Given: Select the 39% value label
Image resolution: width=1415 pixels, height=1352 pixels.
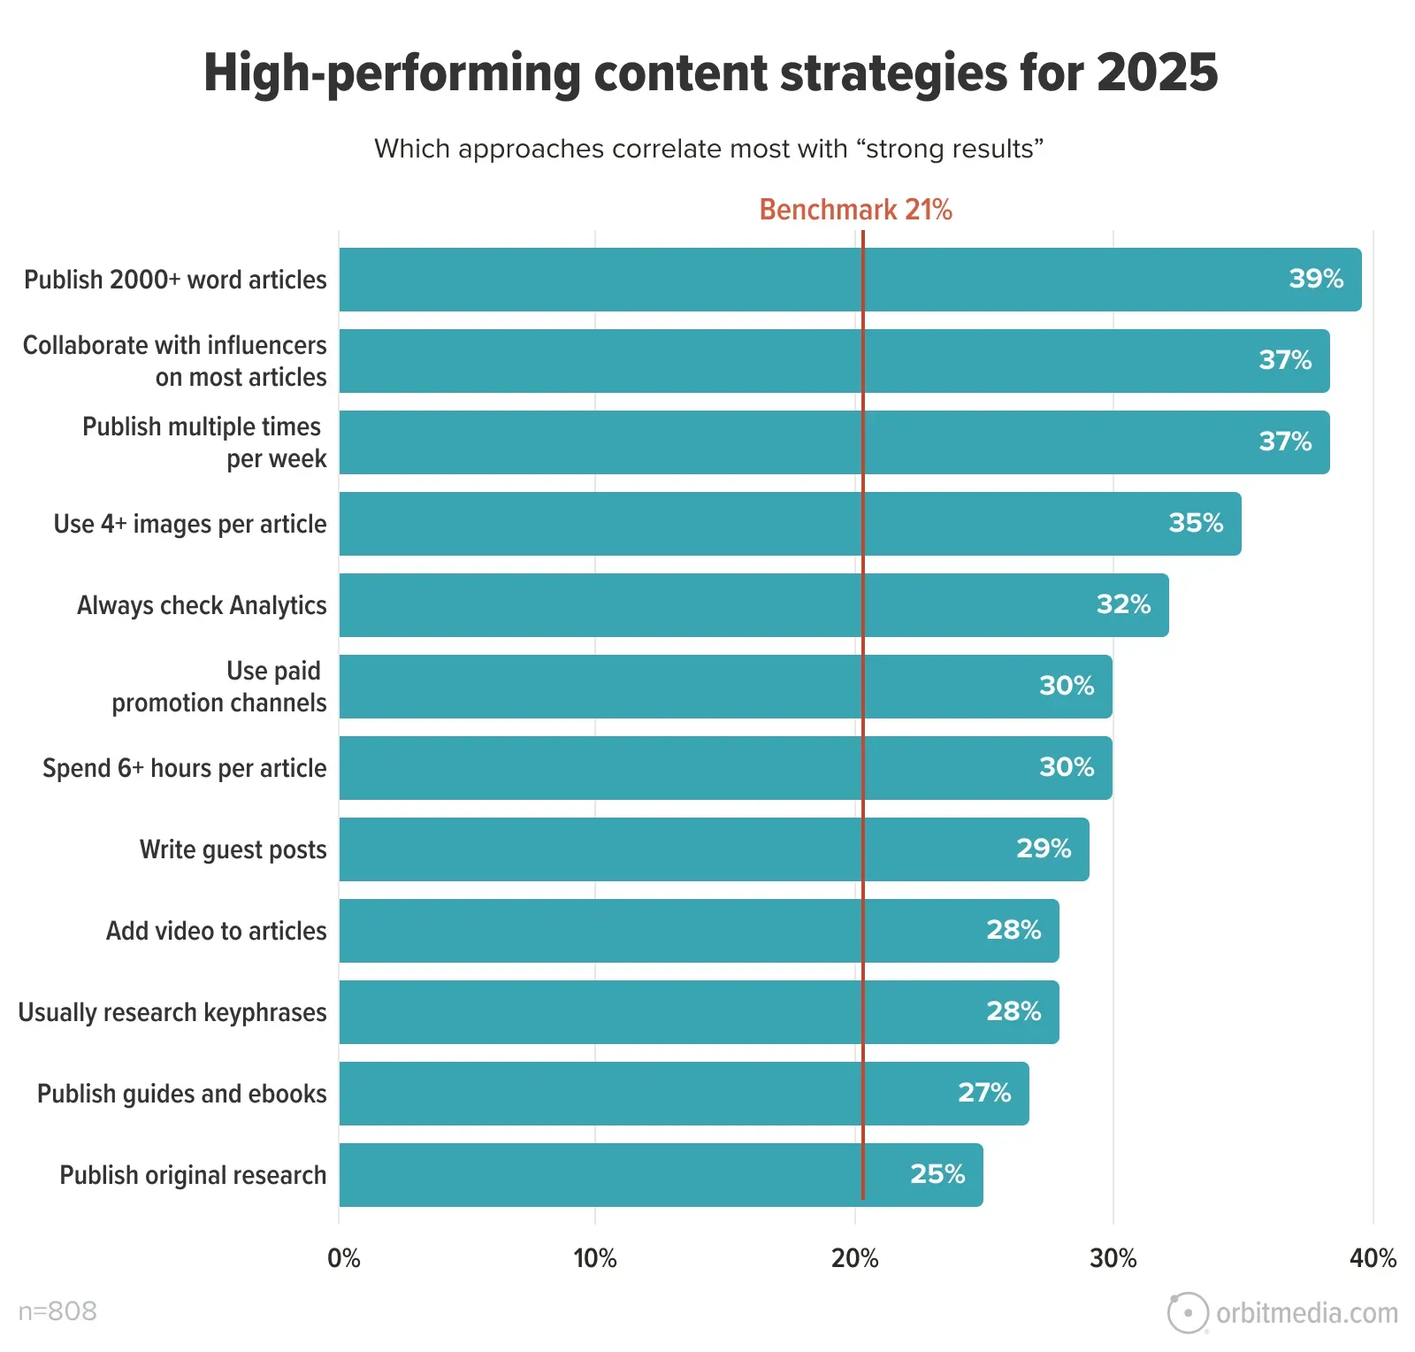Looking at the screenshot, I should click(x=1316, y=279).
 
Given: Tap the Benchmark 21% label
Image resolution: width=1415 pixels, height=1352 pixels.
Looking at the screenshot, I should click(x=855, y=210).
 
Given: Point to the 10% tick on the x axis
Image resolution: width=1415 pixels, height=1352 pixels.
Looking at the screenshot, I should click(x=595, y=1258).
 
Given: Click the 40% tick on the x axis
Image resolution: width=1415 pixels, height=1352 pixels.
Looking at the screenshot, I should click(x=1373, y=1258).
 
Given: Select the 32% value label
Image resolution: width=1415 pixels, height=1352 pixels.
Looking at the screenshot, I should click(x=1123, y=604).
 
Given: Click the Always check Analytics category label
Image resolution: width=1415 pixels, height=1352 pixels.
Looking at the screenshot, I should click(x=202, y=605).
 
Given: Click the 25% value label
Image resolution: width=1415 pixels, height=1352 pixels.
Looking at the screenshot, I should click(x=937, y=1174).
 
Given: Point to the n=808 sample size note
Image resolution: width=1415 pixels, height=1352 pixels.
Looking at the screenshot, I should click(x=57, y=1311).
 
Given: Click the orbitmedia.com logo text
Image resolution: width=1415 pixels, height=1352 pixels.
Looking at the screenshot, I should click(x=1306, y=1313).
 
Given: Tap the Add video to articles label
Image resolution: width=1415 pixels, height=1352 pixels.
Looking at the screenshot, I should click(x=217, y=931).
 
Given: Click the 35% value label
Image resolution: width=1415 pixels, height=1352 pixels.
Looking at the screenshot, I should click(x=1196, y=523).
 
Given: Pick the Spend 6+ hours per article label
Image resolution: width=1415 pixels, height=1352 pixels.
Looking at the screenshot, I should click(x=185, y=768).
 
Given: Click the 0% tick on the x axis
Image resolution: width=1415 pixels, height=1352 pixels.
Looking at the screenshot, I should click(x=343, y=1258).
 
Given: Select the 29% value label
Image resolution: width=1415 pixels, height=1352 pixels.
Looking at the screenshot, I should click(x=1044, y=849).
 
